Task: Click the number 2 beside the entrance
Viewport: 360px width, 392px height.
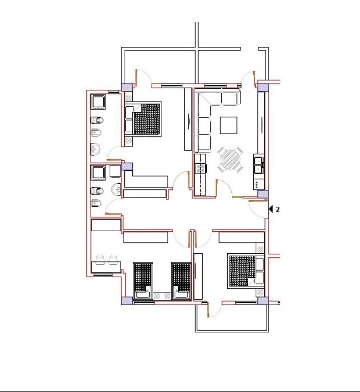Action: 277,209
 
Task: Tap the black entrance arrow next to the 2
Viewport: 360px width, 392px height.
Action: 271,209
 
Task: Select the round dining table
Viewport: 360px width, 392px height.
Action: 230,160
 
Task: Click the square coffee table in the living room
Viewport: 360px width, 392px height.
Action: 229,126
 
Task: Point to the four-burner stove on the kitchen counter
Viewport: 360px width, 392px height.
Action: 201,168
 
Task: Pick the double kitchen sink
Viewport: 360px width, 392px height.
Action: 259,165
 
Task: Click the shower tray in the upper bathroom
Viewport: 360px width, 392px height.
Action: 98,102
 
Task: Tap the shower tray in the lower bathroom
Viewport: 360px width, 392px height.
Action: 98,173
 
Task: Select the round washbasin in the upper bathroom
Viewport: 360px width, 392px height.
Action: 95,149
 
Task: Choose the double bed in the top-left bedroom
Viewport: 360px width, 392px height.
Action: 143,119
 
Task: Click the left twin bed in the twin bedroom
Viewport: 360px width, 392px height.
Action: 143,281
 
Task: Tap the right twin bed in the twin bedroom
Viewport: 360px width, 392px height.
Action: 181,281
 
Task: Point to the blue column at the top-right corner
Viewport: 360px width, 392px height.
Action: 263,87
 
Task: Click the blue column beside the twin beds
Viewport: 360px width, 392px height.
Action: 127,301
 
